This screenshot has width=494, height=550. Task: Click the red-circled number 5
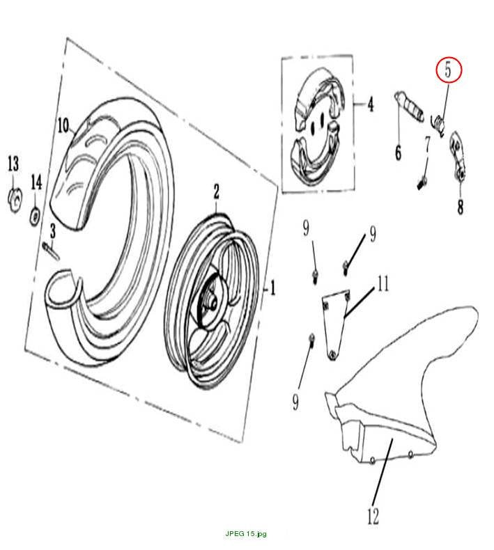pyautogui.click(x=447, y=70)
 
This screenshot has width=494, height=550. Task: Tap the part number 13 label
pyautogui.click(x=13, y=164)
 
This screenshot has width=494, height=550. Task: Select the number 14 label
pyautogui.click(x=36, y=182)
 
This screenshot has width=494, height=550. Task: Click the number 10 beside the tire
pyautogui.click(x=63, y=125)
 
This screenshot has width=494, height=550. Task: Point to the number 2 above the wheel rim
pyautogui.click(x=216, y=191)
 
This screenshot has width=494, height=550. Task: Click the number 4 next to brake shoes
pyautogui.click(x=371, y=104)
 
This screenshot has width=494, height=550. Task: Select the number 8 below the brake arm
pyautogui.click(x=460, y=207)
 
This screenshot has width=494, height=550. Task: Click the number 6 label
pyautogui.click(x=398, y=152)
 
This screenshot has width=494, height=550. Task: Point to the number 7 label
pyautogui.click(x=428, y=144)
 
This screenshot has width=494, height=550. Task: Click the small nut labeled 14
pyautogui.click(x=35, y=217)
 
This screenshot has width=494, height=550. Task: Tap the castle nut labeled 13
pyautogui.click(x=15, y=200)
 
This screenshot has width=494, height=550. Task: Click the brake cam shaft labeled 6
pyautogui.click(x=409, y=104)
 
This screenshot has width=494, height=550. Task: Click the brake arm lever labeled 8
pyautogui.click(x=457, y=157)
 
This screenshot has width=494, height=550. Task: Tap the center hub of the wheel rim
pyautogui.click(x=213, y=304)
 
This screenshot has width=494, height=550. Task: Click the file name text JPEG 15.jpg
pyautogui.click(x=246, y=534)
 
